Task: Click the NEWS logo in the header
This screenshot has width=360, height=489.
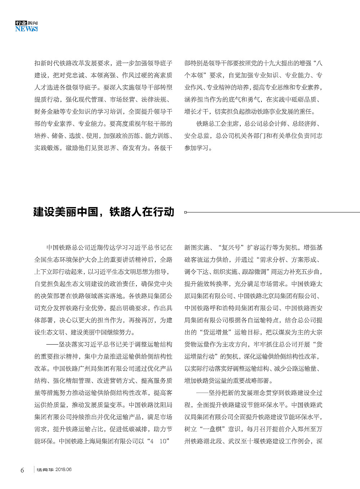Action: click(26, 29)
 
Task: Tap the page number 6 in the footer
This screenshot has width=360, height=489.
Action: click(22, 470)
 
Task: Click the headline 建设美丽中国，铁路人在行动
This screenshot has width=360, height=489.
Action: click(104, 212)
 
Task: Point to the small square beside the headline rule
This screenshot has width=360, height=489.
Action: click(185, 212)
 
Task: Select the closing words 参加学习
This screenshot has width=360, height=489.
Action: click(197, 148)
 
